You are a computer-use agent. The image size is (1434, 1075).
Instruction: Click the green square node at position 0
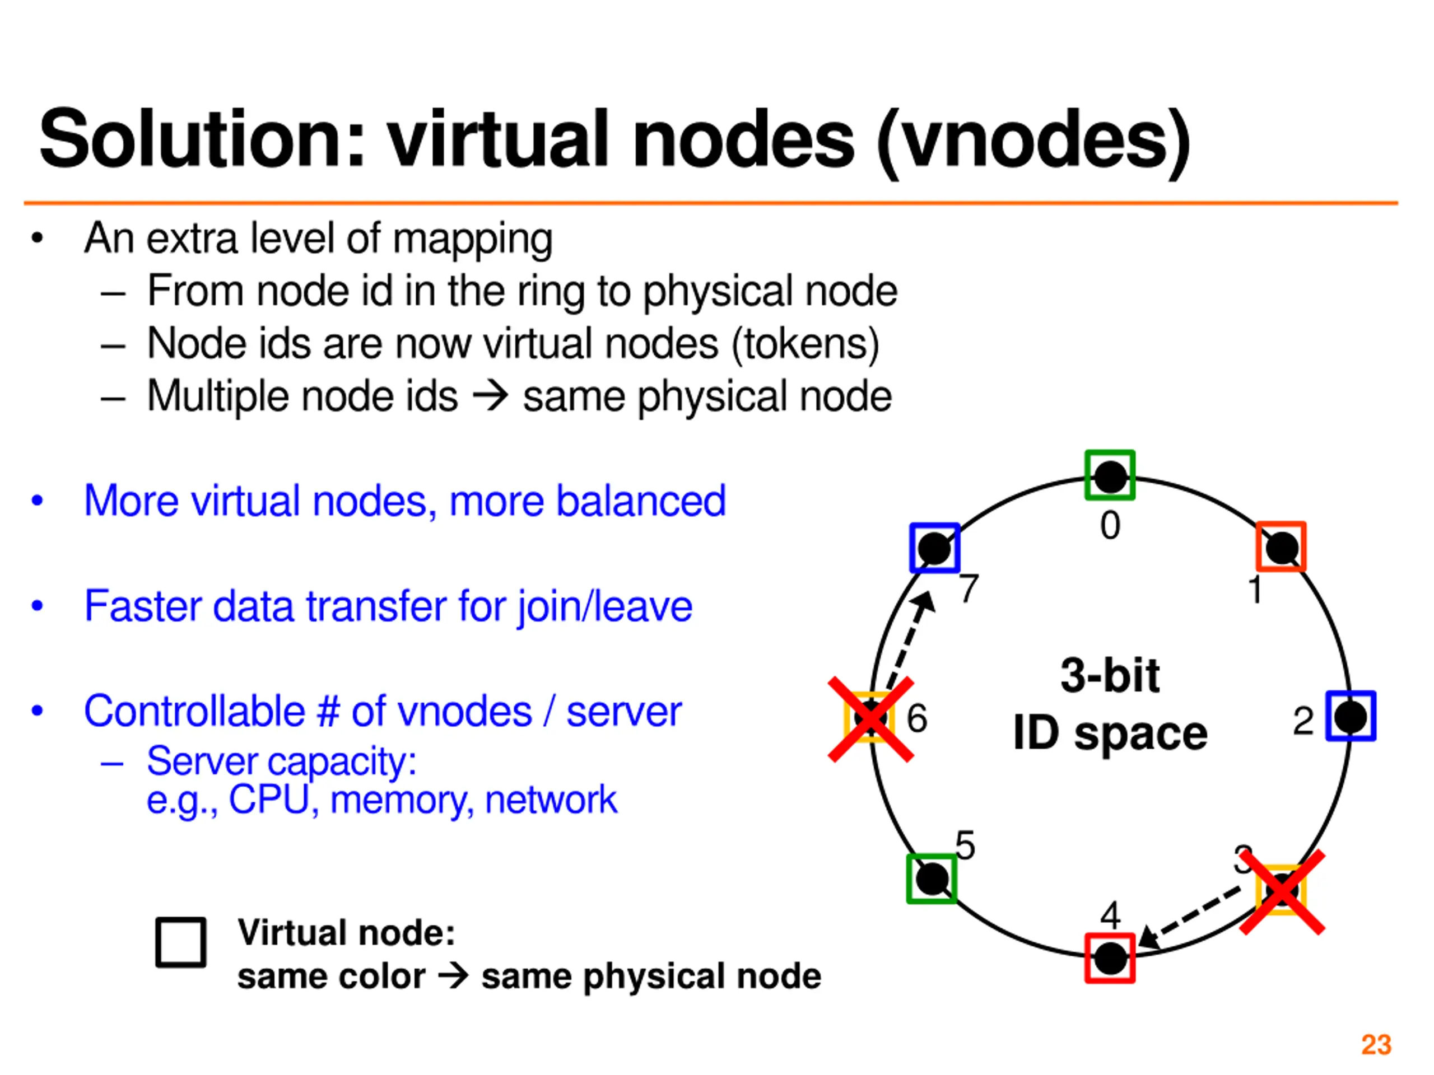tap(1110, 475)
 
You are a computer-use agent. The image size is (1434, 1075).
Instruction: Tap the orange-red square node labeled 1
tap(1281, 546)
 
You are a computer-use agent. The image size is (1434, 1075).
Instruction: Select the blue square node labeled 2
tap(1351, 716)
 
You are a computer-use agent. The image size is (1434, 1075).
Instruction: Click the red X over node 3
tap(1282, 892)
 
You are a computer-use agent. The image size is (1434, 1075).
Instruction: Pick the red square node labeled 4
tap(1110, 958)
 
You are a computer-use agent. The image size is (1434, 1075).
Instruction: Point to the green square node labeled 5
tap(932, 878)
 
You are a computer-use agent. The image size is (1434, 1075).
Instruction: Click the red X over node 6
tap(870, 719)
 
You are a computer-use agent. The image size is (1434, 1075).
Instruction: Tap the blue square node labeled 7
tap(934, 548)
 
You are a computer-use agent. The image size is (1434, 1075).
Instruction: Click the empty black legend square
tap(181, 942)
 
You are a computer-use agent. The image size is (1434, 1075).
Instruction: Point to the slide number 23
tap(1376, 1045)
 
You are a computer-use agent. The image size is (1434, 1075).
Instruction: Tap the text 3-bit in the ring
tap(1110, 675)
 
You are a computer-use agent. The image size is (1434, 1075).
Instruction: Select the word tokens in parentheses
tap(805, 343)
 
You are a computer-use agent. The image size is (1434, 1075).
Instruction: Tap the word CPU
tap(268, 799)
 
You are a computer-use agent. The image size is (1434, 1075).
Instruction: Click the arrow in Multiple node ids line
tap(490, 396)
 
